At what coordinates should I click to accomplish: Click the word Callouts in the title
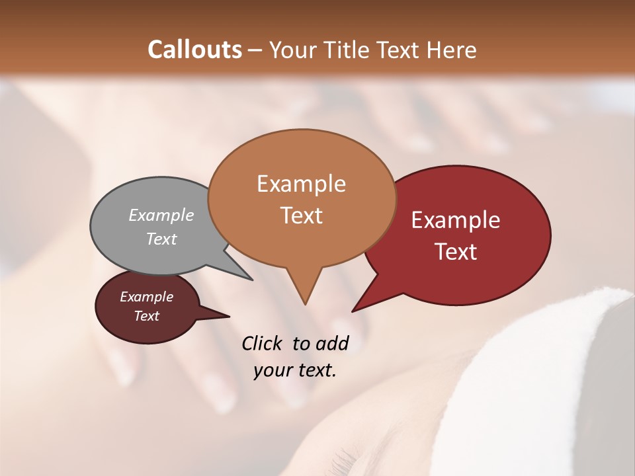194,50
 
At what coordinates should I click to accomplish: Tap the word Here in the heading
450,50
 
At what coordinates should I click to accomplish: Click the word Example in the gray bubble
161,215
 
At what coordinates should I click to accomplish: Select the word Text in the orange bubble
302,215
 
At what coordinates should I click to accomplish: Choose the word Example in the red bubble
456,220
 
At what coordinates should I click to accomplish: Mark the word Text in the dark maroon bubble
147,316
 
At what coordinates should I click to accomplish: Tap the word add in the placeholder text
332,343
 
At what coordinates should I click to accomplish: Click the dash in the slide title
256,50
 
